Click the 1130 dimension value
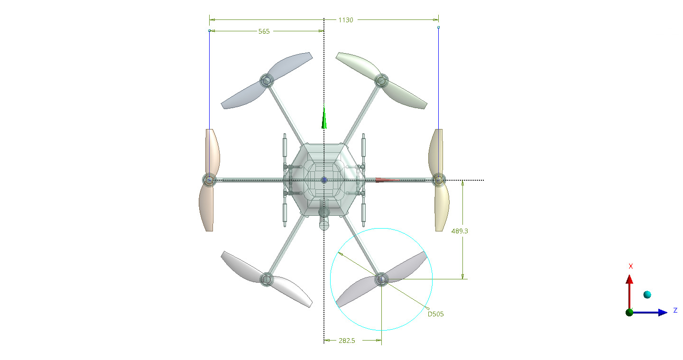point(345,20)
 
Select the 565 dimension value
point(264,31)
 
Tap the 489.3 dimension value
point(460,231)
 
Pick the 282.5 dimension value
point(347,341)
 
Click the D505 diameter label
point(436,314)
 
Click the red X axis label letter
point(630,266)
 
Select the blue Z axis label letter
point(675,311)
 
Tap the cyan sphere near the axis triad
point(647,295)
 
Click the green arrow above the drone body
point(324,118)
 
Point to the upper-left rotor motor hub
point(267,81)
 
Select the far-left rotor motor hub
point(209,180)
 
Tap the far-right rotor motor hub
point(439,180)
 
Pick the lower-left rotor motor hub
point(267,279)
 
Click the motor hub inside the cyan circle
point(381,279)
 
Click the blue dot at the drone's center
point(324,180)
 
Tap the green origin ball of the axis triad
point(629,312)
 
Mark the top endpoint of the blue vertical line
point(438,28)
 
